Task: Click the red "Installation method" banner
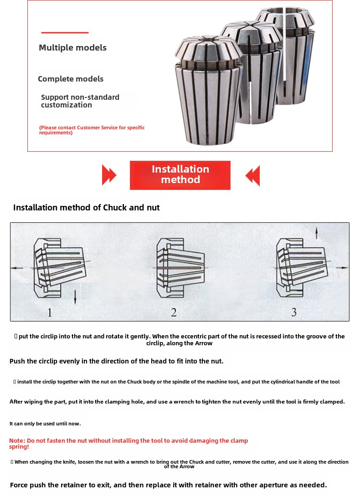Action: [x=180, y=175]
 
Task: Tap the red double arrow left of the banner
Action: [x=109, y=175]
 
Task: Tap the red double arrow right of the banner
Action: [x=252, y=175]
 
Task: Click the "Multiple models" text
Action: [x=72, y=48]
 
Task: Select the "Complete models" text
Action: [x=71, y=79]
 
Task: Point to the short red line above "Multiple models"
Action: [x=65, y=33]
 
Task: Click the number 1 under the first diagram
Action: [x=50, y=312]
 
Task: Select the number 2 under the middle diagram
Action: [x=174, y=312]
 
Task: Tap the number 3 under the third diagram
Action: [x=294, y=312]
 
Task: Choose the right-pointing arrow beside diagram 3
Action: [x=341, y=269]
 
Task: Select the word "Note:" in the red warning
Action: [x=17, y=441]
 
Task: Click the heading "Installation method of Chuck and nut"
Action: [x=87, y=208]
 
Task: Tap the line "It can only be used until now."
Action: [x=45, y=424]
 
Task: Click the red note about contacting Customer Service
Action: [x=92, y=130]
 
